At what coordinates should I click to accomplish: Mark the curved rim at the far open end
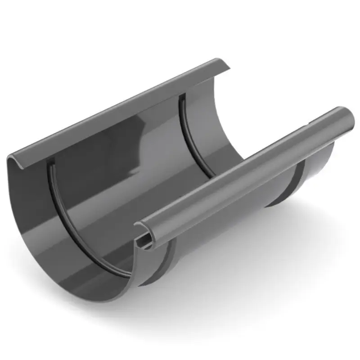[234, 121]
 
